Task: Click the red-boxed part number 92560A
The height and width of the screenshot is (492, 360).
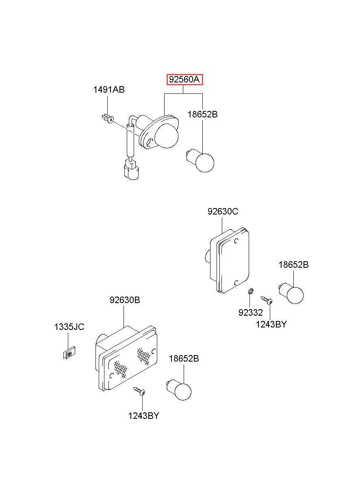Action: pos(184,80)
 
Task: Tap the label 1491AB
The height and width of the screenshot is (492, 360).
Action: pos(109,90)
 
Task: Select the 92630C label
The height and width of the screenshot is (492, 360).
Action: pos(223,212)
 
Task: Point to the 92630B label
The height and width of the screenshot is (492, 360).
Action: pos(125,300)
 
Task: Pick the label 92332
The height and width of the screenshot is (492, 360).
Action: pos(251,313)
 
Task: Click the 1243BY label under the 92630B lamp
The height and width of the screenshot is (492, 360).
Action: pos(143,416)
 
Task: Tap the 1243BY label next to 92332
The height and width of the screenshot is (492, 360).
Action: pos(271,324)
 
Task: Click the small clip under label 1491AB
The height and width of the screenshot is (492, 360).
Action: pos(108,118)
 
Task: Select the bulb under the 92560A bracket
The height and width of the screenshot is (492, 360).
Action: pos(201,162)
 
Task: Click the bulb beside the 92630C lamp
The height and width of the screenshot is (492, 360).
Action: pos(291,294)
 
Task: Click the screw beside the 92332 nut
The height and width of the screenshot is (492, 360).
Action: pos(267,300)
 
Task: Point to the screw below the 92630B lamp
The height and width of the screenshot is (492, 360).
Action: pos(139,391)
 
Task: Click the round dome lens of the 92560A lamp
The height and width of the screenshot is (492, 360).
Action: pos(166,136)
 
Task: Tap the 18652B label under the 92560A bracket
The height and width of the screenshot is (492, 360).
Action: pos(202,114)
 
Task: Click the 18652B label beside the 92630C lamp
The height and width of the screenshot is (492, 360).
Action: pos(293,264)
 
